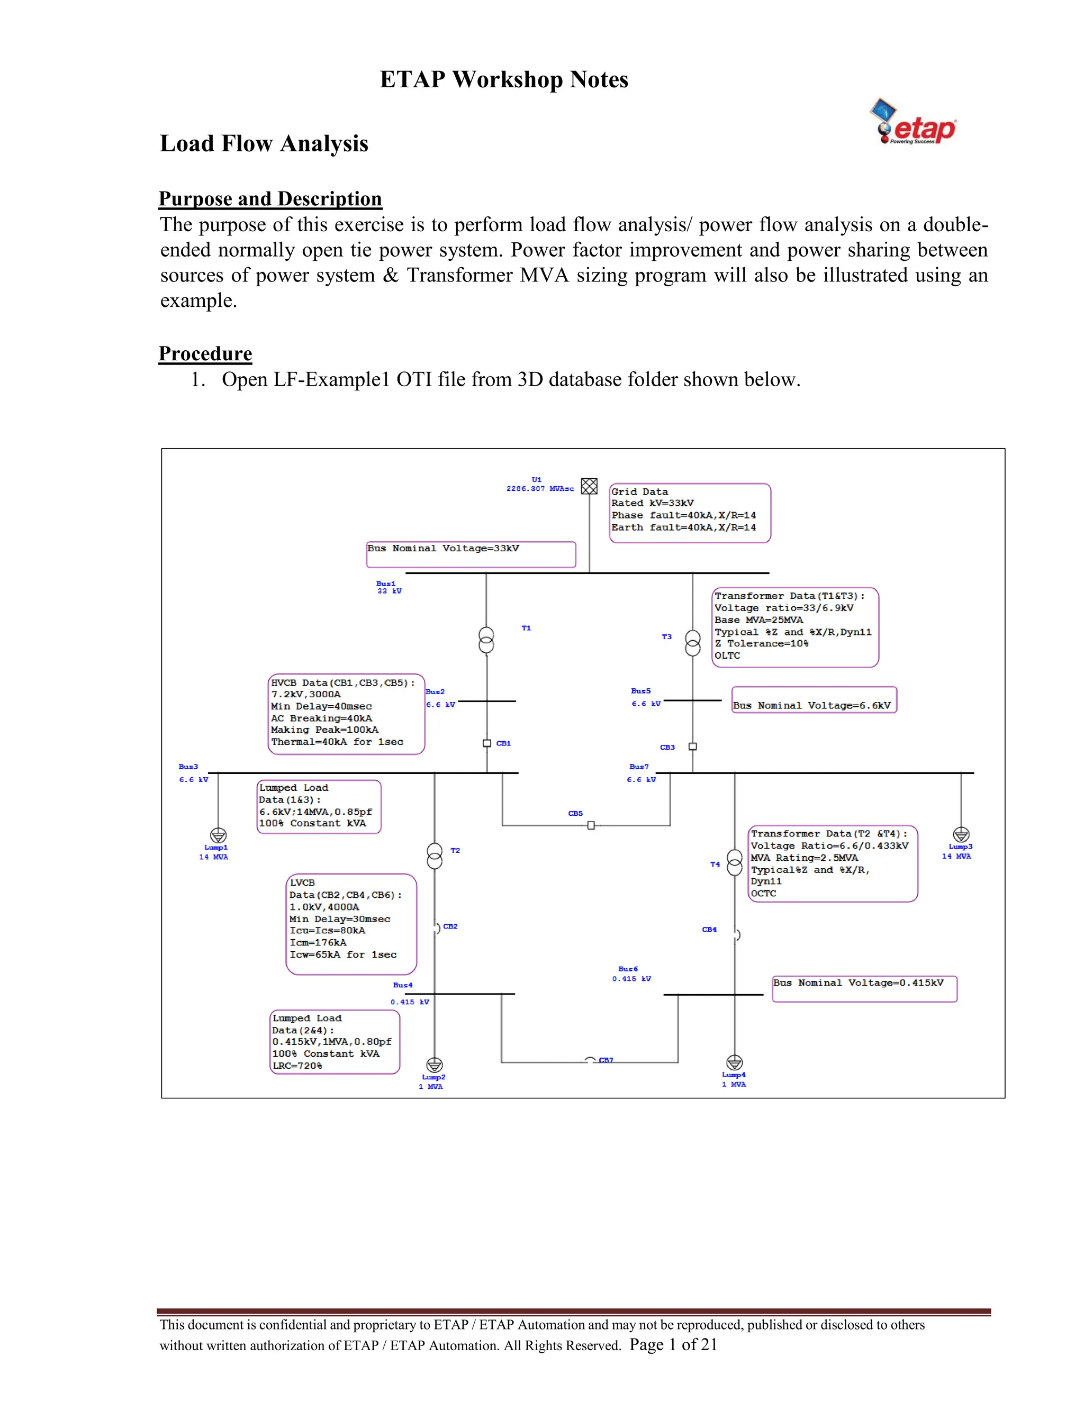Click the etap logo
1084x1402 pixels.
click(913, 123)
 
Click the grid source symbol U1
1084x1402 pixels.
click(589, 486)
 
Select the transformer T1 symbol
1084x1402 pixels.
click(486, 640)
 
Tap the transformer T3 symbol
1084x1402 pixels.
click(692, 643)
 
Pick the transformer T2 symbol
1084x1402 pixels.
click(435, 855)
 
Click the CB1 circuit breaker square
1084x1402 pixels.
click(487, 743)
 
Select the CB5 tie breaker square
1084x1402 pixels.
click(591, 825)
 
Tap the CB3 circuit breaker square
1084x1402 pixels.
click(692, 746)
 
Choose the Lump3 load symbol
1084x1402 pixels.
click(961, 834)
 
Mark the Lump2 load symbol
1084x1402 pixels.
click(435, 1066)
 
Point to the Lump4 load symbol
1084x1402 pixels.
click(734, 1062)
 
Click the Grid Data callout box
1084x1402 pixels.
click(689, 513)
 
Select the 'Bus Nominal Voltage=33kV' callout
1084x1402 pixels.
click(471, 554)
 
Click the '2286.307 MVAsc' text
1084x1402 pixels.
click(539, 488)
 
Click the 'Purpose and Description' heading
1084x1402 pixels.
click(270, 198)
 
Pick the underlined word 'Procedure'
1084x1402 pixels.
click(205, 354)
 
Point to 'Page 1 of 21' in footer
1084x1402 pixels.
click(673, 1344)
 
